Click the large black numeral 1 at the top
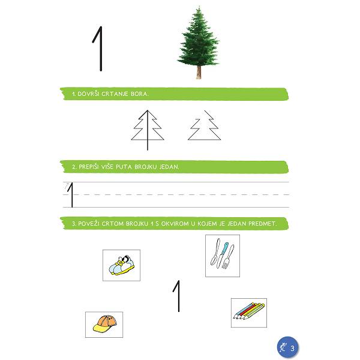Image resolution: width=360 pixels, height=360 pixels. coord(100,49)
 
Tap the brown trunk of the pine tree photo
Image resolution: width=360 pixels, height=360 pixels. coord(199,72)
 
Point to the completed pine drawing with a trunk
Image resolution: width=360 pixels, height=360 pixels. coord(148,130)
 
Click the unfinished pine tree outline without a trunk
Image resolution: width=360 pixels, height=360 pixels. coord(205,125)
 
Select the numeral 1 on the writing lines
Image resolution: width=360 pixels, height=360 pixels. coord(71,195)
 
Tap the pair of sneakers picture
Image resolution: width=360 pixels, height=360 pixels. coord(122,265)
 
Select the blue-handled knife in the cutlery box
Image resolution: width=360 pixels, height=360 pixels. coord(222,255)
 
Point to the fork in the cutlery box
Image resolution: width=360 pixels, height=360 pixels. coord(228,257)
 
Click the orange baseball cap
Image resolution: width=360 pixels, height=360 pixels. coord(105,323)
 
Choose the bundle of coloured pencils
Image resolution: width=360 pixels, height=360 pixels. coord(249,311)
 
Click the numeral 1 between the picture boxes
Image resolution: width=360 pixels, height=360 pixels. coord(177,296)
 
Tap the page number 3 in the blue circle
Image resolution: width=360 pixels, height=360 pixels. coord(292,348)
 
